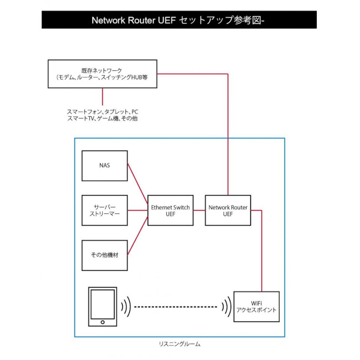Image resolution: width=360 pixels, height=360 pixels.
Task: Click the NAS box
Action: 104,166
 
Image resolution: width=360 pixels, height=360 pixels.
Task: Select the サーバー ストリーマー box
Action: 104,210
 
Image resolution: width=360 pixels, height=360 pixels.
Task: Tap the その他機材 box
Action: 104,255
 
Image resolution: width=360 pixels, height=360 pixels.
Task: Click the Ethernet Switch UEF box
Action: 170,210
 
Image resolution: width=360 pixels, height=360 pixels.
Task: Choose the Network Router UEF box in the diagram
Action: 228,210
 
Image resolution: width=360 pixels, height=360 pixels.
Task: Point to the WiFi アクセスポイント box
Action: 256,307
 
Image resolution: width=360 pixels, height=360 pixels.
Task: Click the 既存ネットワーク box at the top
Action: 102,74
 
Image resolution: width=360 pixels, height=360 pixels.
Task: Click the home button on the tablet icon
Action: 103,322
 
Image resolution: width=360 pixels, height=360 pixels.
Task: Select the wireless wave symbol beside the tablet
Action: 125,308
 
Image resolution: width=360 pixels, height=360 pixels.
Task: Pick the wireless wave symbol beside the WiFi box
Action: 226,308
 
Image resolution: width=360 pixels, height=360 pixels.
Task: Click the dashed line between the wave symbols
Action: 175,308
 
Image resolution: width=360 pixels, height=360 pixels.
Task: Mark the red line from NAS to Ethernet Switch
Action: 137,182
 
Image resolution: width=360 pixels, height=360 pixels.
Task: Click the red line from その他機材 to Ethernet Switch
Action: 137,239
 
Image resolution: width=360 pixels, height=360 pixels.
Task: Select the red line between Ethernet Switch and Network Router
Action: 199,210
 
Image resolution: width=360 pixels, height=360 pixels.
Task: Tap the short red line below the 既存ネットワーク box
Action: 103,96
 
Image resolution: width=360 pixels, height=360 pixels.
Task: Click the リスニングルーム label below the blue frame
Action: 179,344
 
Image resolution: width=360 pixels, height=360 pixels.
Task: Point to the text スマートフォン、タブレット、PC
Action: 102,111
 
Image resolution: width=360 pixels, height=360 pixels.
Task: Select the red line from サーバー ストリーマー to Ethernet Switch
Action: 137,210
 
